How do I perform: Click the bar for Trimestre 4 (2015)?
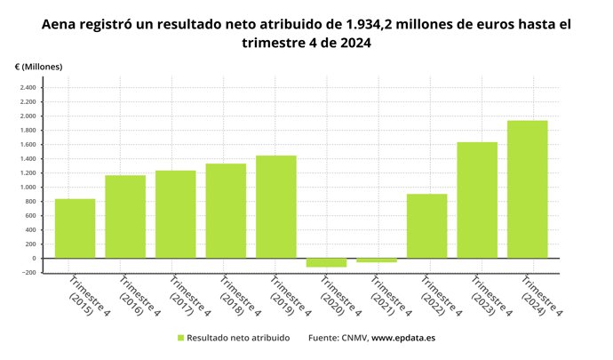(x=75, y=228)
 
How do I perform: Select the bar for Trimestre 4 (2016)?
(x=125, y=217)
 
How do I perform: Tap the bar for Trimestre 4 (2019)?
(x=276, y=207)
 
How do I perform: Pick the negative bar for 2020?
(x=326, y=262)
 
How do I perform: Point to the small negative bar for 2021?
(x=377, y=260)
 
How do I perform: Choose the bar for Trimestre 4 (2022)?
(x=426, y=226)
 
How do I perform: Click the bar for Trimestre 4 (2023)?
(x=477, y=200)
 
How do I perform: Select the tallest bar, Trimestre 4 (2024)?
(x=527, y=189)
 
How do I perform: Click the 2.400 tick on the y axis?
(x=26, y=88)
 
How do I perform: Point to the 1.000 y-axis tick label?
(x=26, y=188)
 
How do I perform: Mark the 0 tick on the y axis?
(x=32, y=259)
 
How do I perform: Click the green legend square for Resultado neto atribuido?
(x=180, y=338)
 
